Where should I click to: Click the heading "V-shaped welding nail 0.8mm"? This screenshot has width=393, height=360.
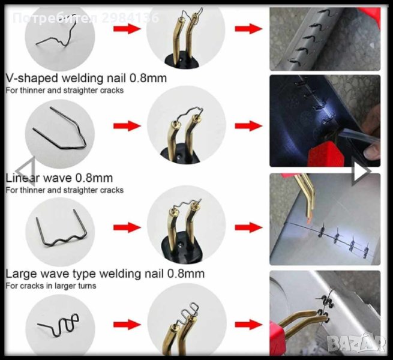[86, 78]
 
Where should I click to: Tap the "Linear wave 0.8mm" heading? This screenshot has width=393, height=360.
[59, 178]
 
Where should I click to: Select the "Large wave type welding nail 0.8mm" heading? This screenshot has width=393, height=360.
[105, 274]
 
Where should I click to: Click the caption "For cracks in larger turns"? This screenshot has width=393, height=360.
[51, 286]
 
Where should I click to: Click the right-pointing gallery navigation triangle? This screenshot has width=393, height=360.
[361, 171]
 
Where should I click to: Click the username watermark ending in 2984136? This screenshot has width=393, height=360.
[86, 18]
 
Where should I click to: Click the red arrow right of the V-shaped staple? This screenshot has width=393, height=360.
[127, 126]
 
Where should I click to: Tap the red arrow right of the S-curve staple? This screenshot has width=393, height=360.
[127, 325]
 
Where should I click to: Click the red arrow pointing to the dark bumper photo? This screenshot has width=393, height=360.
[248, 126]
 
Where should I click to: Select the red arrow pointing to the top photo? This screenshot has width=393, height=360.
[248, 29]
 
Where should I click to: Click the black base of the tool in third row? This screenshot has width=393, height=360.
[181, 250]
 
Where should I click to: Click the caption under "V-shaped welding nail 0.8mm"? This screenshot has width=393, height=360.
[65, 90]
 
